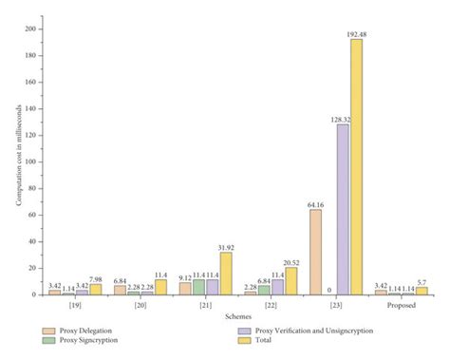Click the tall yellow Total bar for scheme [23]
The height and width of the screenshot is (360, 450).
click(x=356, y=167)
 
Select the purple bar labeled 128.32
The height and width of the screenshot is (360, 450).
click(x=343, y=209)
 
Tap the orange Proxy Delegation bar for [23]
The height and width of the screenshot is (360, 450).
click(x=315, y=252)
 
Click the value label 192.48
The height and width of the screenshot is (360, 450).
click(x=356, y=33)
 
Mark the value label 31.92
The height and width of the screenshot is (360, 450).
click(x=226, y=246)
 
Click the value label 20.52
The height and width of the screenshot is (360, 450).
click(x=291, y=261)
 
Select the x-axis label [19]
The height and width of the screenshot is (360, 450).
click(x=75, y=307)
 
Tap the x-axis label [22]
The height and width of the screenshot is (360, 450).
click(x=271, y=307)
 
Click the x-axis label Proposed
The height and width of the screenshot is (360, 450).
click(x=402, y=307)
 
